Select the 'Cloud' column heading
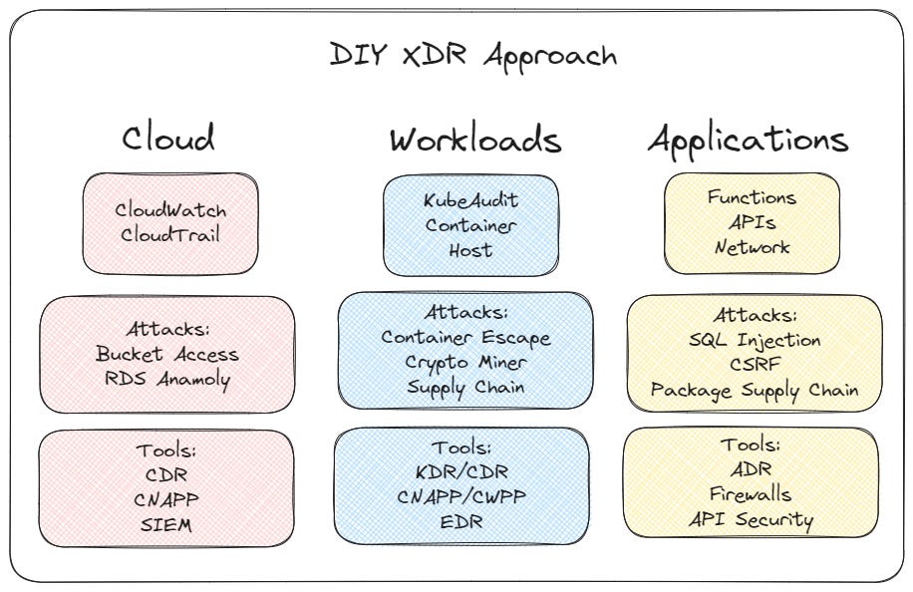[168, 138]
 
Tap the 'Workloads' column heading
[475, 139]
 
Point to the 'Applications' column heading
[749, 141]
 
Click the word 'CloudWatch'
[170, 209]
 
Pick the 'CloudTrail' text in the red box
[170, 234]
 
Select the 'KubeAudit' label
[470, 200]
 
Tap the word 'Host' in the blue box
[470, 250]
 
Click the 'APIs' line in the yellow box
[752, 222]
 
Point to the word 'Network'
[752, 247]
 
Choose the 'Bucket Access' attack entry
[167, 354]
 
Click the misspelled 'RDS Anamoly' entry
[167, 380]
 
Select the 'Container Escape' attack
[465, 338]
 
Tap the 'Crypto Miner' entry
[465, 363]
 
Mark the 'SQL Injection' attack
[755, 340]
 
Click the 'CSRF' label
[755, 365]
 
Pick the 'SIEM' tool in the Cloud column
[165, 524]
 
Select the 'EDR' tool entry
[461, 521]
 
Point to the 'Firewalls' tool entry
[751, 494]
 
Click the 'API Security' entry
[751, 520]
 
